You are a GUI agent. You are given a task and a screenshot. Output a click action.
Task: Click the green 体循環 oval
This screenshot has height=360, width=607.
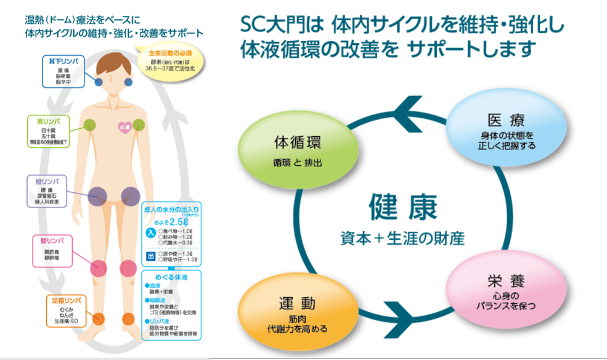298,150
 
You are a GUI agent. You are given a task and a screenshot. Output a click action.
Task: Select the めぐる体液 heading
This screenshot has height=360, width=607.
172,279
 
